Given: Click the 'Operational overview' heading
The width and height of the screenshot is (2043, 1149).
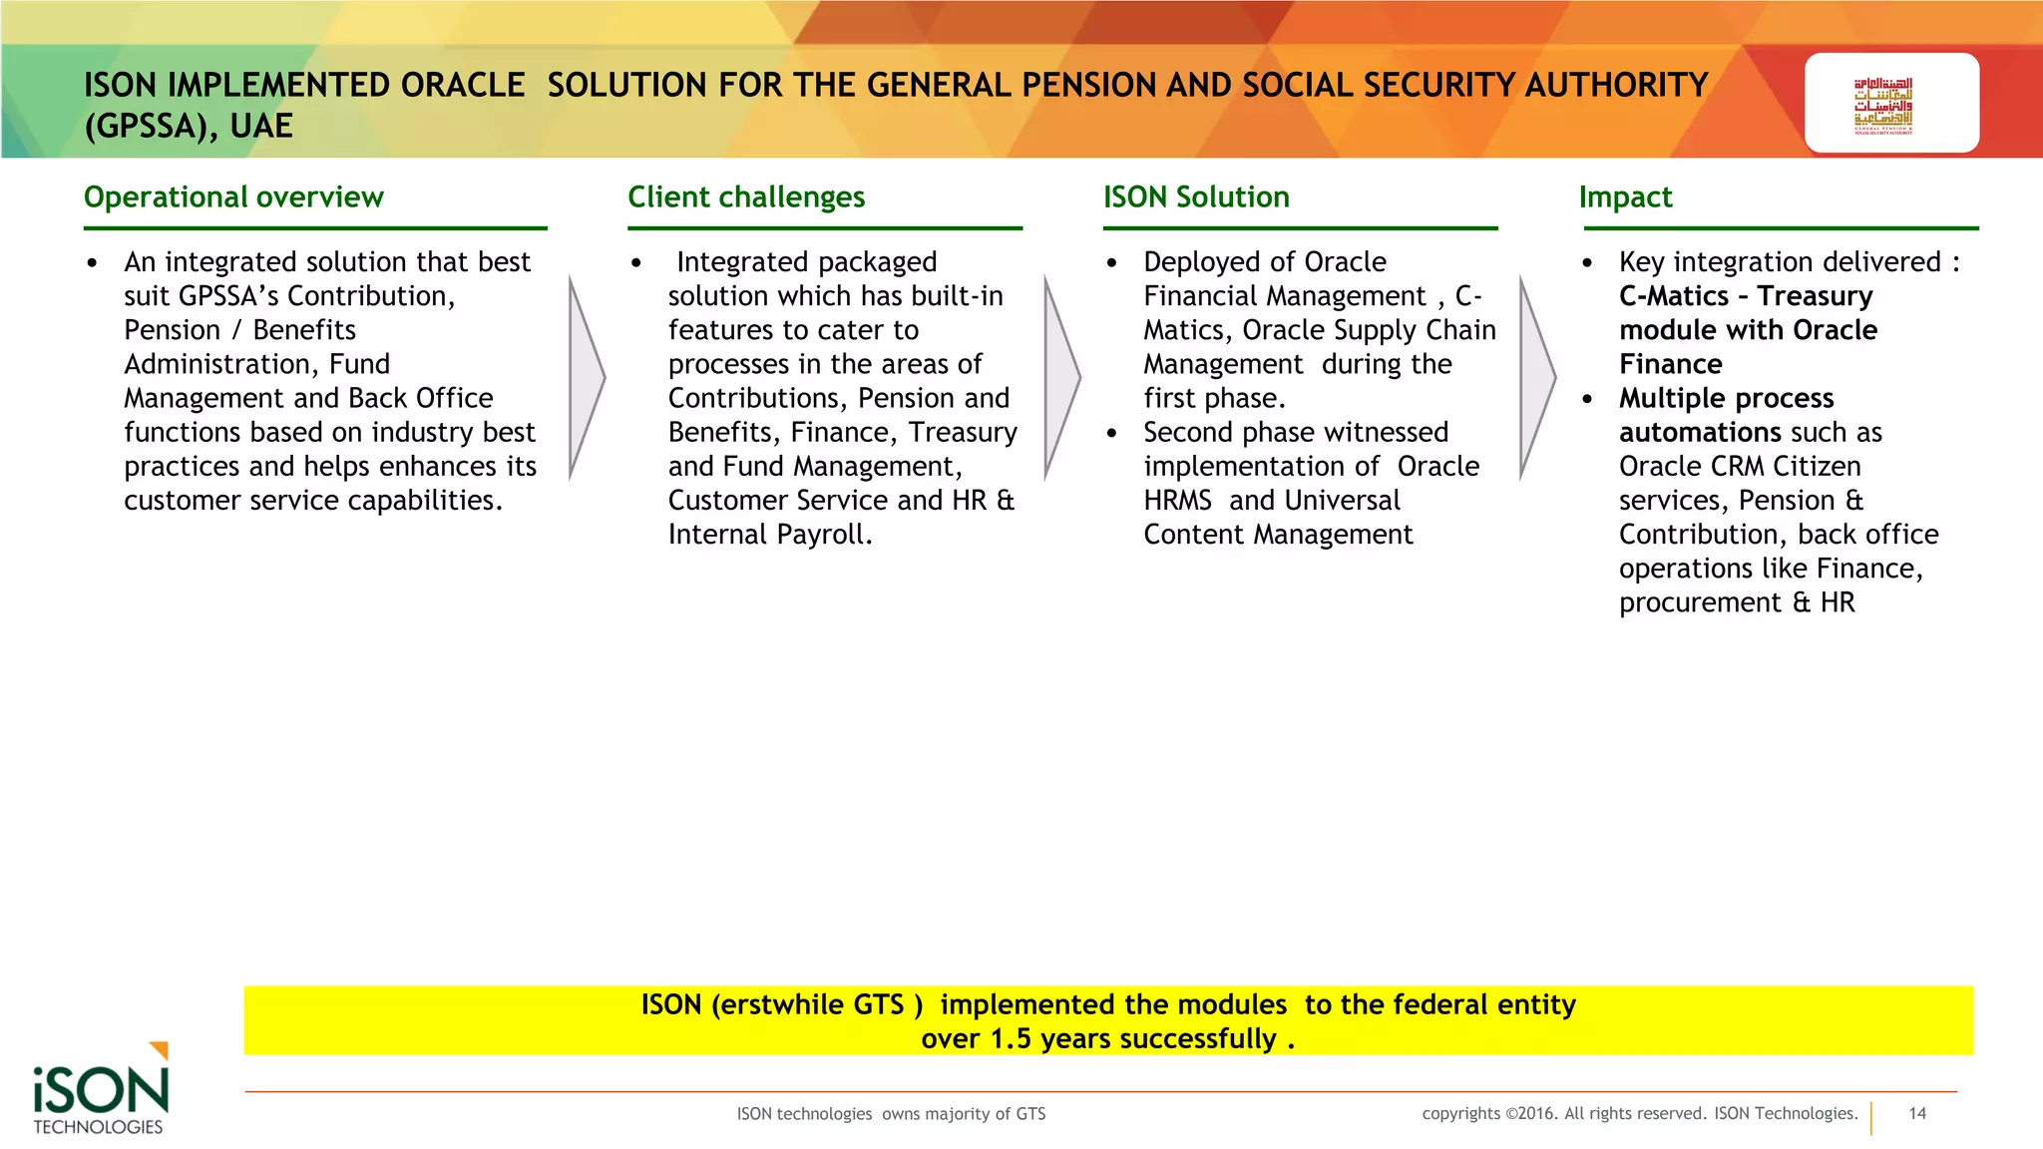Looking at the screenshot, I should point(233,197).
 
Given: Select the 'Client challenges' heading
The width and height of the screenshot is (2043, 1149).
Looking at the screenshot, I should point(746,197).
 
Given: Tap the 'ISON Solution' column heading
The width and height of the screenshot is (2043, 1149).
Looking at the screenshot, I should point(1196,197).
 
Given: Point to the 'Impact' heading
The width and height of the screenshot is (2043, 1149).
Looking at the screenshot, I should point(1625,197).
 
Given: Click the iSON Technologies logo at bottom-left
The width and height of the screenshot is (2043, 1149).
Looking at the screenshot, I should point(100,1092).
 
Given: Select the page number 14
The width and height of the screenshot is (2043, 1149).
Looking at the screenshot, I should point(1917,1114).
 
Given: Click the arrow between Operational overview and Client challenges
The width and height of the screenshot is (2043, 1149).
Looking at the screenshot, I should point(587,378).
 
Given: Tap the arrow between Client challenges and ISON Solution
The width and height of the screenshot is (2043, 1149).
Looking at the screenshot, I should point(1061,378).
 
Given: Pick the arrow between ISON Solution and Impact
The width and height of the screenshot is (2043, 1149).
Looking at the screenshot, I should point(1537,378).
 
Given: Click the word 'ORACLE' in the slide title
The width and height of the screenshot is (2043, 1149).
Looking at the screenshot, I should point(463,86).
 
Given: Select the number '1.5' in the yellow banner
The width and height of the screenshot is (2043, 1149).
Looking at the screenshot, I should point(1011,1039).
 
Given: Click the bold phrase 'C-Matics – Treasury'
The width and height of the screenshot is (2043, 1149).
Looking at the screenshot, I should point(1746,296).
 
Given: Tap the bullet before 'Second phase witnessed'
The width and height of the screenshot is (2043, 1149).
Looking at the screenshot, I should point(1111,433).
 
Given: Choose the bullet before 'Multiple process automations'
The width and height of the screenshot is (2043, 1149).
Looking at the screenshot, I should point(1587,399).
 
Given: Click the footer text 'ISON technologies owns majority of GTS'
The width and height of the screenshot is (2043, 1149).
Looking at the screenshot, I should point(891,1114).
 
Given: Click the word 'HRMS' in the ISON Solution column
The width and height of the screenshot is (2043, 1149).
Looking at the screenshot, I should point(1177,501).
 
